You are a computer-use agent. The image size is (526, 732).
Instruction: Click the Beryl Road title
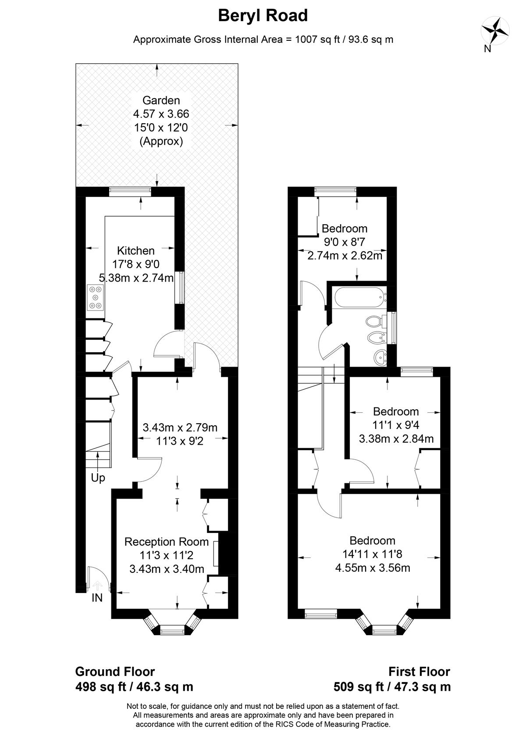coord(263,16)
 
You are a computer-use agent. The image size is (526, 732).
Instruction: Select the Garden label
coord(161,100)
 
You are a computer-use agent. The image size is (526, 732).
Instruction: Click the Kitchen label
coord(136,250)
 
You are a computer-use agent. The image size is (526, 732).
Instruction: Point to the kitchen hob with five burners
coord(96,297)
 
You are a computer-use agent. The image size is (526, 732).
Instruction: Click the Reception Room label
coord(167,542)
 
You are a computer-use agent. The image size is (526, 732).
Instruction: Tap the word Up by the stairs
coord(98,478)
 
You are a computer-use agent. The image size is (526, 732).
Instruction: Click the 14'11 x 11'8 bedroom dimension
coord(372,554)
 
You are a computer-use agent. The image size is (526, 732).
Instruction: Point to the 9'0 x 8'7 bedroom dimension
coord(344,242)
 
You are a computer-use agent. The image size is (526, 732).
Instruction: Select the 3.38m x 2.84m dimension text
coord(396,439)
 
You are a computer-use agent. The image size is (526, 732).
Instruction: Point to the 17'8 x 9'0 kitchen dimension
coord(136,264)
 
